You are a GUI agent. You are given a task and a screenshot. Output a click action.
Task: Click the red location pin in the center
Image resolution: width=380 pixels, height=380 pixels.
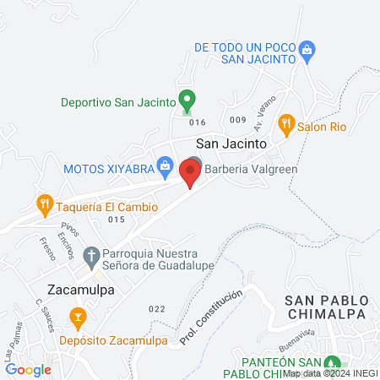tap(190, 173)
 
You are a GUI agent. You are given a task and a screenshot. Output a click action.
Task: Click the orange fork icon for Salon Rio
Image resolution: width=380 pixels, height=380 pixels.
tap(286, 123)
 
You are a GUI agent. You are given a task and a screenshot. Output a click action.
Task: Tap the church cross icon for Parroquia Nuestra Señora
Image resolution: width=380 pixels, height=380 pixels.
tap(91, 253)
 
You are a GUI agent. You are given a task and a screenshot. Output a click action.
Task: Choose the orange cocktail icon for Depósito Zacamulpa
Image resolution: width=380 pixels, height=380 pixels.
tap(79, 318)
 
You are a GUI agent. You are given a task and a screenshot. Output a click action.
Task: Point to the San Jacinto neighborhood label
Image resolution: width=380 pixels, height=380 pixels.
tap(231, 144)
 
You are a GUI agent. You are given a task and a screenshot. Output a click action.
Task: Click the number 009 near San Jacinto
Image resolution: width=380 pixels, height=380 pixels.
tap(236, 120)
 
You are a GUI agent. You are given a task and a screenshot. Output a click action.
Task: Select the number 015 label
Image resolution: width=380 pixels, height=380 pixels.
tap(117, 220)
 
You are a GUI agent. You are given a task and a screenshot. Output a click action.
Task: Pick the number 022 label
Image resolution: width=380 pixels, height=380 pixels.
tap(156, 308)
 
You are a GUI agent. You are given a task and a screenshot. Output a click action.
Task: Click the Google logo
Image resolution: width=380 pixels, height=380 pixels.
tap(29, 369)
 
